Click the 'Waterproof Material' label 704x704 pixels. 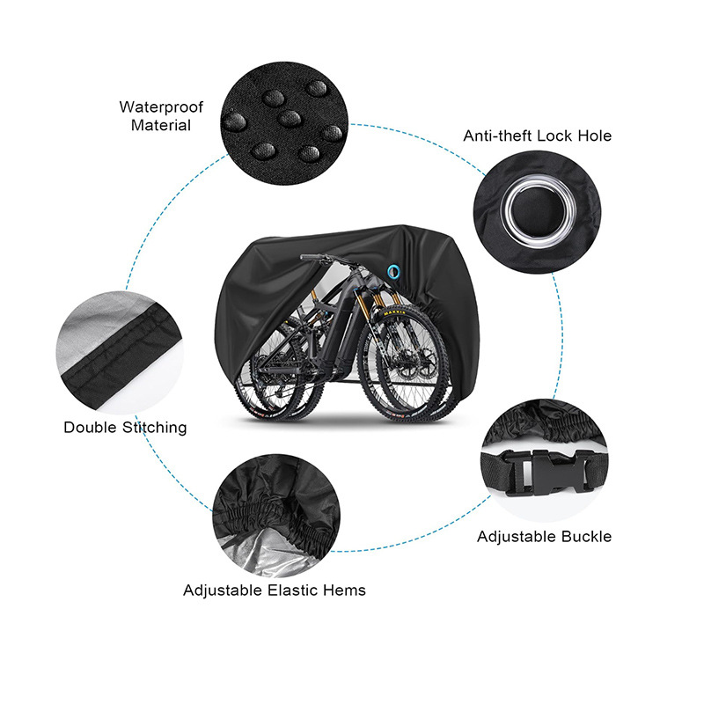click(161, 116)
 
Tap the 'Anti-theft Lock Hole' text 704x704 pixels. click(537, 136)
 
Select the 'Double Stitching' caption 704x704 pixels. click(125, 428)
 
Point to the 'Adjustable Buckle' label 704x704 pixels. click(544, 536)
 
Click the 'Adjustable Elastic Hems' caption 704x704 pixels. click(275, 590)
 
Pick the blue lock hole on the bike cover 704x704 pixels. click(392, 268)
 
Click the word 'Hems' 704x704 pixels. click(345, 590)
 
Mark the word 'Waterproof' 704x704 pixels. click(161, 107)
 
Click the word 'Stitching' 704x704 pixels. click(154, 428)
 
